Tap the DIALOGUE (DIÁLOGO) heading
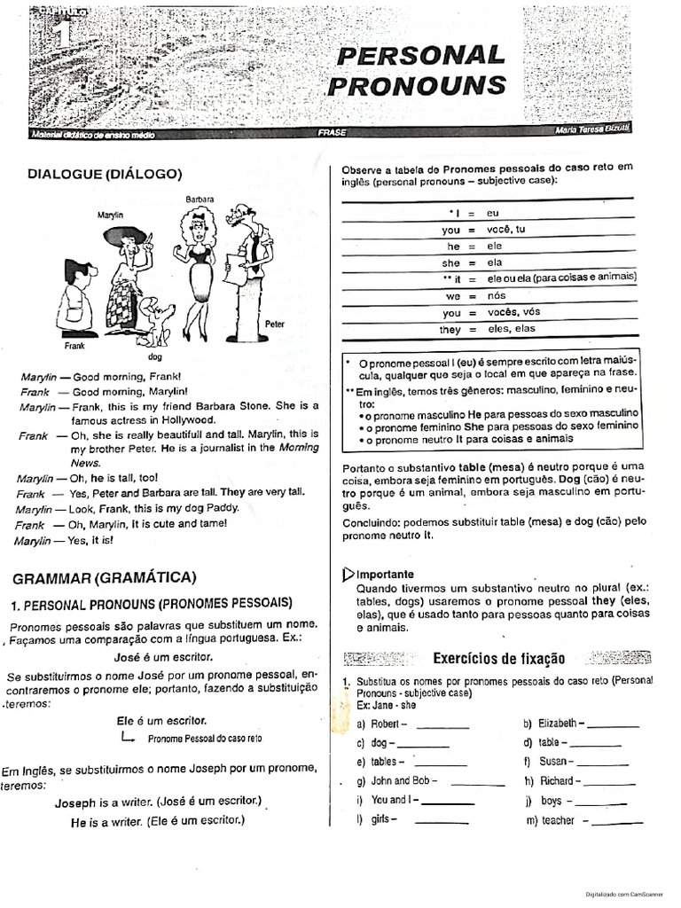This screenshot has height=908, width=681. [x=98, y=174]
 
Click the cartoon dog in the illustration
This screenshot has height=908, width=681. [x=157, y=321]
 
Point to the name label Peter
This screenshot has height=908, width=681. [x=275, y=325]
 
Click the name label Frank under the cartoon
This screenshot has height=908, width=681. [x=74, y=346]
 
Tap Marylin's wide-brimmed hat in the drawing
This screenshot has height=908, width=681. [x=125, y=236]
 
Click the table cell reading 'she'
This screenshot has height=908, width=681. [x=451, y=263]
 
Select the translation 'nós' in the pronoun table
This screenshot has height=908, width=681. [x=497, y=296]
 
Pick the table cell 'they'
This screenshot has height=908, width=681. [x=450, y=329]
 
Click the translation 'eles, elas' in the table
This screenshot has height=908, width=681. [x=512, y=329]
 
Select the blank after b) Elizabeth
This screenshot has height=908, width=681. [x=612, y=724]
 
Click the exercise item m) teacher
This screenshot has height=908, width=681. [x=558, y=820]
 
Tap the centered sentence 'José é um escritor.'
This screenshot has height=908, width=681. [x=163, y=656]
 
